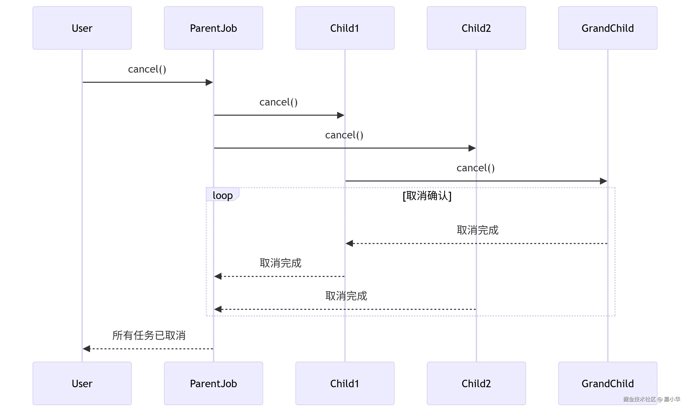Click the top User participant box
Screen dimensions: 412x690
tap(82, 28)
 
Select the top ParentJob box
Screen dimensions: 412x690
tap(213, 28)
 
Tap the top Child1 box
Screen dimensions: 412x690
tap(345, 28)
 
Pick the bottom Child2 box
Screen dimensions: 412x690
tap(476, 383)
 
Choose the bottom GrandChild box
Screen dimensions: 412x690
tap(607, 383)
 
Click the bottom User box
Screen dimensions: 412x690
tap(82, 383)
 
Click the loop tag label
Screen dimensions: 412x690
tap(223, 195)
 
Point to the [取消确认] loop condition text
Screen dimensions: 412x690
tap(427, 196)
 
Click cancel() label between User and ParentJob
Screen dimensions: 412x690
tap(147, 69)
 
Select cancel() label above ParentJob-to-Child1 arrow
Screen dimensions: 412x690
tap(278, 102)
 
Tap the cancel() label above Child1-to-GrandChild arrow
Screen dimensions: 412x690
tap(475, 168)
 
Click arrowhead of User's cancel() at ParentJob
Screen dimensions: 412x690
tap(209, 82)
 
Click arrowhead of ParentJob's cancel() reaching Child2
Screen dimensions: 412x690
tap(472, 148)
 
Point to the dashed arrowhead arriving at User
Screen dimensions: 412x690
tap(87, 348)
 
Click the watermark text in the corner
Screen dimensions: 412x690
tap(651, 399)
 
